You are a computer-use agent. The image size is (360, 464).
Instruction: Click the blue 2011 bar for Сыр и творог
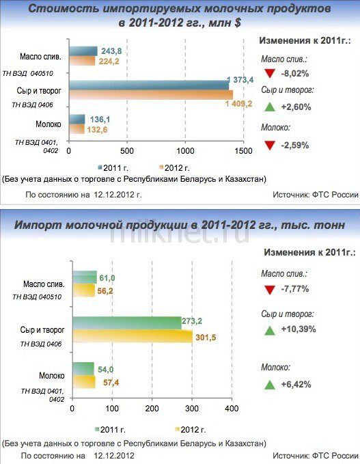[x=149, y=85]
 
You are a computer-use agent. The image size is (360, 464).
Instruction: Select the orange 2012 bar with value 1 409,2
[x=151, y=95]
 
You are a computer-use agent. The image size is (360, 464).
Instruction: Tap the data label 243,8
[x=111, y=51]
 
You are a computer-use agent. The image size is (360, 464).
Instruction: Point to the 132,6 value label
[x=97, y=130]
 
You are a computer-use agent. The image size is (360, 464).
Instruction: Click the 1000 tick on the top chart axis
[x=186, y=151]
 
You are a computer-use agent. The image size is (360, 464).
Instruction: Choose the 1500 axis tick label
[x=243, y=151]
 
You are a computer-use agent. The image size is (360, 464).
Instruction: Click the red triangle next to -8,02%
[x=269, y=73]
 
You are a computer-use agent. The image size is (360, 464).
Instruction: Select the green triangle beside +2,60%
[x=269, y=107]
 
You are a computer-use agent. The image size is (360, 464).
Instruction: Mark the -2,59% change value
[x=294, y=146]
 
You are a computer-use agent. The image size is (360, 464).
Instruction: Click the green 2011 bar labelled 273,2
[x=127, y=323]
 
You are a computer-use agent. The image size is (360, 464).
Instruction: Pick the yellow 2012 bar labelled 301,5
[x=133, y=336]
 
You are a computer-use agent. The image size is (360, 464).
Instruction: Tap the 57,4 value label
[x=111, y=383]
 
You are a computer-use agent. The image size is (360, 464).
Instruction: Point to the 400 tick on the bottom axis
[x=232, y=409]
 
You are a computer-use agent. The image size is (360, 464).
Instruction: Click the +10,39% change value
[x=299, y=329]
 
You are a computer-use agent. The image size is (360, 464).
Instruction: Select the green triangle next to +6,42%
[x=269, y=385]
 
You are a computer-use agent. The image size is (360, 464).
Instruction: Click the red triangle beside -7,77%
[x=269, y=290]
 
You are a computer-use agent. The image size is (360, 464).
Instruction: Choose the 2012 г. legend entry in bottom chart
[x=190, y=430]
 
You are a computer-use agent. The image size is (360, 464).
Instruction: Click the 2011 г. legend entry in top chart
[x=113, y=168]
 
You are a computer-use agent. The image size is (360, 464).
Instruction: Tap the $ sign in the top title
[x=237, y=23]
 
